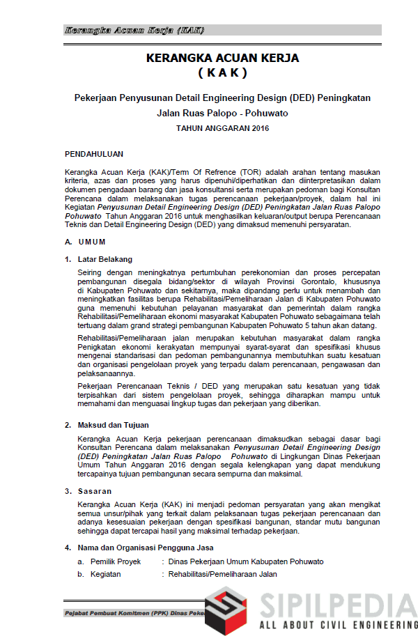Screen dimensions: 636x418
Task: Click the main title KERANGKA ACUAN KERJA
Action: tap(222, 59)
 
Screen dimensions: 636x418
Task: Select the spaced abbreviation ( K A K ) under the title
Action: tap(222, 72)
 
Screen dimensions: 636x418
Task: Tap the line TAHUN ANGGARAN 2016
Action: tap(222, 128)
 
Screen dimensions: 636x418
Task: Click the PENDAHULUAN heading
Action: tap(94, 153)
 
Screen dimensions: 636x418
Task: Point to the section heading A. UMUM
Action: tap(85, 242)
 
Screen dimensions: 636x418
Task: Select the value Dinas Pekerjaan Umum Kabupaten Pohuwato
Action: tap(245, 561)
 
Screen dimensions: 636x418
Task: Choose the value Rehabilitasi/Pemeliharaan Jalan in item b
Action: tap(222, 574)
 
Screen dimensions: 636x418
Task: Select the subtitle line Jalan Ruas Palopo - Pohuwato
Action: tap(222, 113)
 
